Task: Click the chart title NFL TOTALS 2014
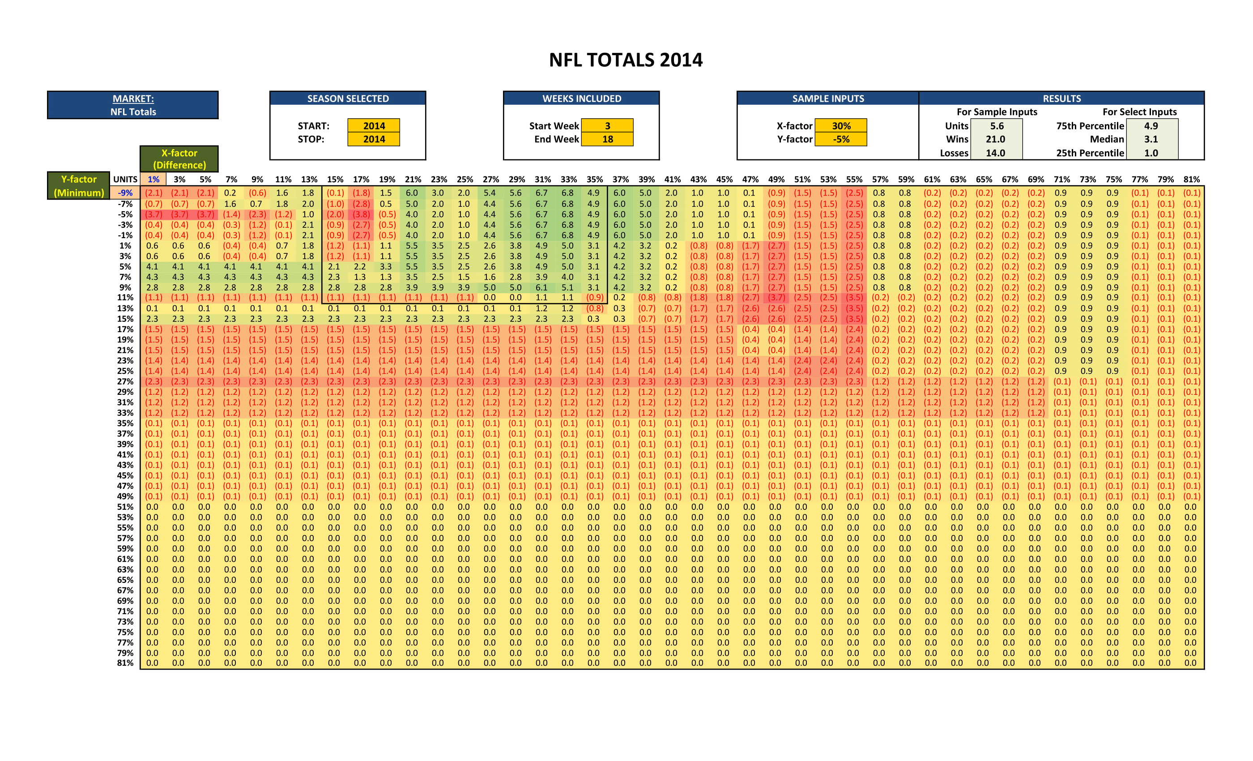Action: tap(626, 60)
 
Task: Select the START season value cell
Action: tap(374, 126)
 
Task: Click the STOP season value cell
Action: tap(374, 139)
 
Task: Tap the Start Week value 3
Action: tap(607, 126)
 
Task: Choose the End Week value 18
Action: tap(607, 139)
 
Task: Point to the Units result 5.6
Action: tap(996, 126)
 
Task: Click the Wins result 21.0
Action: tap(995, 139)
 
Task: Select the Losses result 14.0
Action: tap(995, 153)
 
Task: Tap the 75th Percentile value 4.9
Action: tap(1151, 126)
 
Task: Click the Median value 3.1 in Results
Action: tap(1151, 139)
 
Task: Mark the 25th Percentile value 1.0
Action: tap(1151, 153)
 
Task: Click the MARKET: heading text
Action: tap(133, 98)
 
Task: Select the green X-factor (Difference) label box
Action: tap(179, 159)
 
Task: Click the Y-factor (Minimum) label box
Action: tap(79, 186)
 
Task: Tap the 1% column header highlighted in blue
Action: tap(153, 179)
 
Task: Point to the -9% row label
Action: tap(125, 193)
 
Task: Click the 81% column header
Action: tap(1191, 179)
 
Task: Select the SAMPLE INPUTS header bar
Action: tap(827, 98)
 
